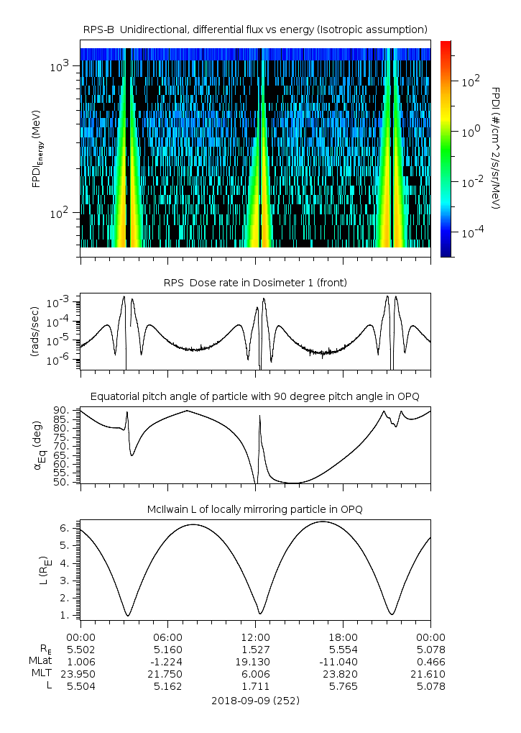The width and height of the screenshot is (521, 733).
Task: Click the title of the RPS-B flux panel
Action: pyautogui.click(x=255, y=29)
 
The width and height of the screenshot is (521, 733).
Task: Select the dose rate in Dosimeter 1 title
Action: pyautogui.click(x=255, y=283)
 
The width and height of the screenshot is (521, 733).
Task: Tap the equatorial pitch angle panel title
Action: pyautogui.click(x=255, y=397)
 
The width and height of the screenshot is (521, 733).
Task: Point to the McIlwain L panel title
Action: pyautogui.click(x=255, y=509)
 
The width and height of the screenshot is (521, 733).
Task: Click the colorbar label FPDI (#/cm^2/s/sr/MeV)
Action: pyautogui.click(x=496, y=149)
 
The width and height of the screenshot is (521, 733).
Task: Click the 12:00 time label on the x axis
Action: pyautogui.click(x=255, y=637)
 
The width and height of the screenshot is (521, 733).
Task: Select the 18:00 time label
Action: pyautogui.click(x=343, y=637)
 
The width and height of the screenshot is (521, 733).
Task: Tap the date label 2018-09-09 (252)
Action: pyautogui.click(x=255, y=700)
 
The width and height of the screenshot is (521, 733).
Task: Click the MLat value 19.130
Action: pyautogui.click(x=255, y=661)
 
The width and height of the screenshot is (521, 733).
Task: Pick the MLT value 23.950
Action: pyautogui.click(x=80, y=674)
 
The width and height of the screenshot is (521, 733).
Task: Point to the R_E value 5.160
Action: pyautogui.click(x=167, y=649)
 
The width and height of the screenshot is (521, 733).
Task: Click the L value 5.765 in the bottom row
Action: pyautogui.click(x=343, y=686)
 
